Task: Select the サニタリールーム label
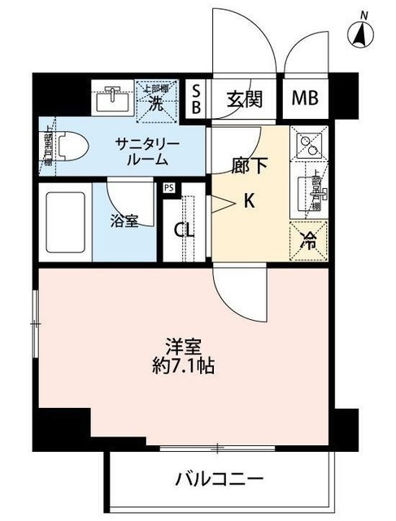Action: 146,151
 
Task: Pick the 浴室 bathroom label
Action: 124,221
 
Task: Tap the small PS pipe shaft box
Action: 169,188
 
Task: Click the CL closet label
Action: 185,230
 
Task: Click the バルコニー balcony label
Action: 220,477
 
